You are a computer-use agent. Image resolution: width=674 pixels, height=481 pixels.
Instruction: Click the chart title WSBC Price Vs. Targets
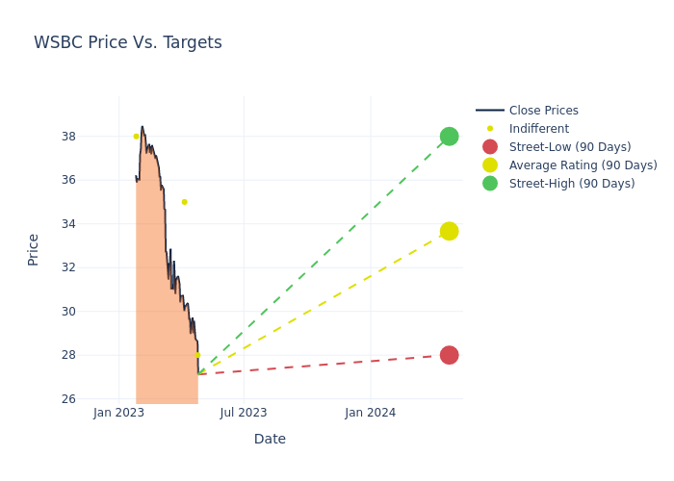(128, 43)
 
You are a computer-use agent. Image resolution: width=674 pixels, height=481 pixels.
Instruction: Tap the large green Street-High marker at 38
(449, 137)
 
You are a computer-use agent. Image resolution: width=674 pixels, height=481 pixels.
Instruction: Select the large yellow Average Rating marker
(449, 231)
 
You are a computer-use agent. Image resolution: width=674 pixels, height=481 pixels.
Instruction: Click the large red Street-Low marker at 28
(449, 355)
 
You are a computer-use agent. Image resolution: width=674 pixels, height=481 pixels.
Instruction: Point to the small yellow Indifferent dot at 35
(184, 202)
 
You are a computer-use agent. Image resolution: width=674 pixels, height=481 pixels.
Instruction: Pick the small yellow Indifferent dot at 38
(136, 137)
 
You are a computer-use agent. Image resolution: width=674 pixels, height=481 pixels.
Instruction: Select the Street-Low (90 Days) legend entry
(569, 147)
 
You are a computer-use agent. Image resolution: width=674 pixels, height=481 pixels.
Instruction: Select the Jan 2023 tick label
(118, 413)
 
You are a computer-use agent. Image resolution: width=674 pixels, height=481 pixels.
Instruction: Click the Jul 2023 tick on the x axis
(244, 413)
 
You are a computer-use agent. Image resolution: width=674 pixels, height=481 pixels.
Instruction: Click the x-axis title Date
(270, 440)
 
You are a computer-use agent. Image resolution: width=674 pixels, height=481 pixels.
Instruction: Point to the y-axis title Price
(34, 249)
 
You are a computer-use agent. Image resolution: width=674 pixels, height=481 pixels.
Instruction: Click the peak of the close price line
(142, 126)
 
